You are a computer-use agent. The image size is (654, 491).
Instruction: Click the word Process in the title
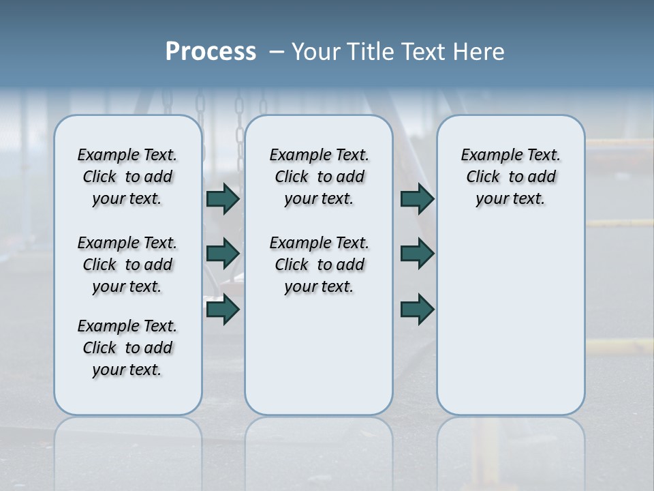click(x=211, y=52)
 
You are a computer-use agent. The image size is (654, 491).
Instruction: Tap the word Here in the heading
click(x=479, y=52)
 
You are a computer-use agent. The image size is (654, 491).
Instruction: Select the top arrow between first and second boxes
click(x=223, y=198)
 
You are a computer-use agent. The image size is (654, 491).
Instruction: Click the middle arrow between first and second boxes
click(x=223, y=254)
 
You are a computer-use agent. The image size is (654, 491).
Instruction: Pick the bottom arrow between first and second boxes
click(x=223, y=310)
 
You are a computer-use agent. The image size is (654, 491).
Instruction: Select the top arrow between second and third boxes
click(x=417, y=198)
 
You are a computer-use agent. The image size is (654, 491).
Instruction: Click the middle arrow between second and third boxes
click(x=417, y=254)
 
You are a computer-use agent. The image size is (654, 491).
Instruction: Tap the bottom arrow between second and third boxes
click(x=417, y=310)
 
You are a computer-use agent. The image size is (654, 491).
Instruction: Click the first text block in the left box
click(x=127, y=177)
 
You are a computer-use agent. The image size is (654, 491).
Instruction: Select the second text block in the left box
click(x=127, y=265)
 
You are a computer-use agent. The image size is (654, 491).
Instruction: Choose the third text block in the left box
click(x=127, y=348)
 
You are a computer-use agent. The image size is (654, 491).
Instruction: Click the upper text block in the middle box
click(x=319, y=177)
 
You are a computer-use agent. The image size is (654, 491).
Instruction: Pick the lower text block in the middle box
click(x=319, y=265)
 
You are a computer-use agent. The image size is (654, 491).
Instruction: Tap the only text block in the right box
click(x=510, y=177)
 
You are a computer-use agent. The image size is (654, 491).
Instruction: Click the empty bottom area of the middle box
click(x=319, y=361)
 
